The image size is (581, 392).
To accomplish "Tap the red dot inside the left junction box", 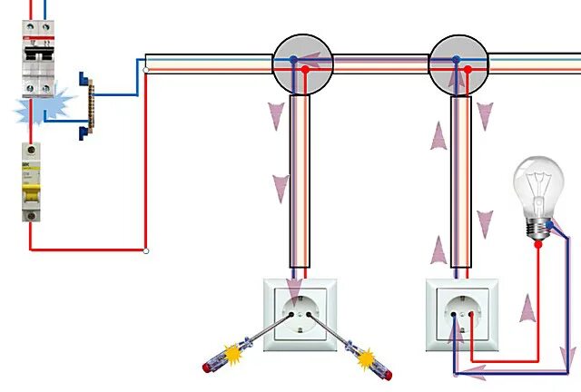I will pyautogui.click(x=306, y=69).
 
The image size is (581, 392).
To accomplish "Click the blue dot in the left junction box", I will pyautogui.click(x=293, y=60).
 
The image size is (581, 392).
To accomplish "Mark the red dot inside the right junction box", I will pyautogui.click(x=468, y=69).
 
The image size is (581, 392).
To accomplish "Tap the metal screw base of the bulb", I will pyautogui.click(x=540, y=227).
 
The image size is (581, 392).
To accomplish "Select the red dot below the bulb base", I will pyautogui.click(x=537, y=244).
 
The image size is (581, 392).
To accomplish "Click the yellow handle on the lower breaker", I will pyautogui.click(x=33, y=191).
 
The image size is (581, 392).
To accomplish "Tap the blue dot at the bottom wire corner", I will pyautogui.click(x=456, y=373).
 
